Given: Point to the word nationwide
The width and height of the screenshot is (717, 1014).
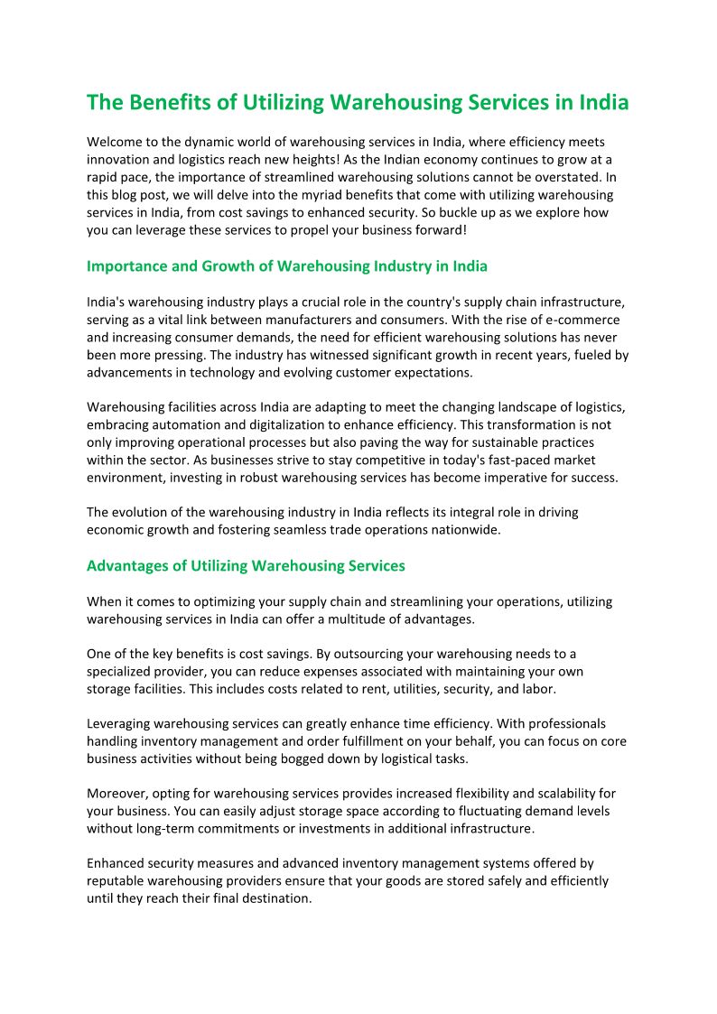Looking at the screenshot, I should (462, 530).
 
